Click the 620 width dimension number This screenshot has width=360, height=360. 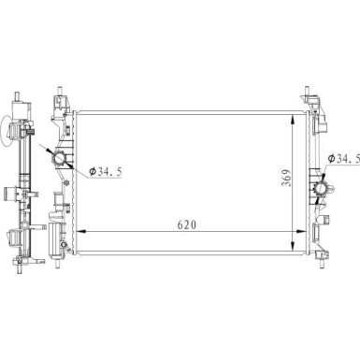(x=187, y=224)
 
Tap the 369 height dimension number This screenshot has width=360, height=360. (x=286, y=178)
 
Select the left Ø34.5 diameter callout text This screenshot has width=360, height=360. (x=105, y=172)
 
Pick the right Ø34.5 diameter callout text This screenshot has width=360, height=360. (x=344, y=159)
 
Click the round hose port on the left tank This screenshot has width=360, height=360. (x=59, y=159)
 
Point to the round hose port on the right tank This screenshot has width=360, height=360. (x=321, y=189)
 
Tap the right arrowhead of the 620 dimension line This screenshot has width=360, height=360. (x=301, y=231)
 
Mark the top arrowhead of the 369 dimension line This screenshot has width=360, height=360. (x=293, y=120)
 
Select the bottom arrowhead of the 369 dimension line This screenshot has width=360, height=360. (x=293, y=246)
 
